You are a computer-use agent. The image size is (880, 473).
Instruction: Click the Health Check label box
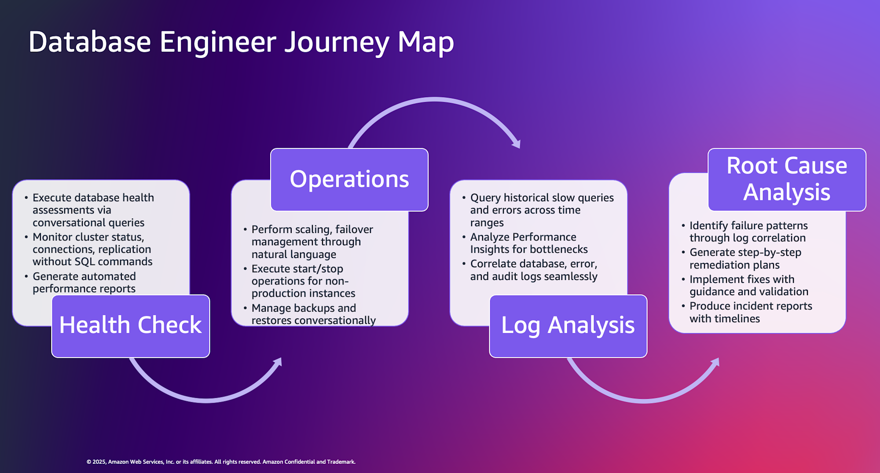point(130,326)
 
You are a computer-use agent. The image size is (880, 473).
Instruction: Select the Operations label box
point(349,179)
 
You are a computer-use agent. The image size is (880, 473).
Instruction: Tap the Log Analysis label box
point(568,326)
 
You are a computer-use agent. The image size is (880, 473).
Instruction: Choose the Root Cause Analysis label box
point(786,179)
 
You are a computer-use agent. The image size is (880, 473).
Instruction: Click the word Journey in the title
point(337,43)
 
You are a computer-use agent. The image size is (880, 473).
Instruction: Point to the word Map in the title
point(425,43)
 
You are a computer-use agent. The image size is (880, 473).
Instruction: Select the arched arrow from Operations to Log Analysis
point(434,101)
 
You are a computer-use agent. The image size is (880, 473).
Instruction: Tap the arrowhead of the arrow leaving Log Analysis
point(715,363)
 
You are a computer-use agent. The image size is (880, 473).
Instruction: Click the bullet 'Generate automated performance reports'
point(84,283)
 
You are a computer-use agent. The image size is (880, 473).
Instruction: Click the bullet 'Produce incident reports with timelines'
point(750,312)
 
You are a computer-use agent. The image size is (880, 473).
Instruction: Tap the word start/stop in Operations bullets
point(319,269)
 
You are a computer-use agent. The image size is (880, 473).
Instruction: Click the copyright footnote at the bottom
point(221,462)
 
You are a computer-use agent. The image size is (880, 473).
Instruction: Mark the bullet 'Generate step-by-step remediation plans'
point(744,258)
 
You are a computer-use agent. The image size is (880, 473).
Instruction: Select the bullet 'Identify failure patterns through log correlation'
point(748,232)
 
